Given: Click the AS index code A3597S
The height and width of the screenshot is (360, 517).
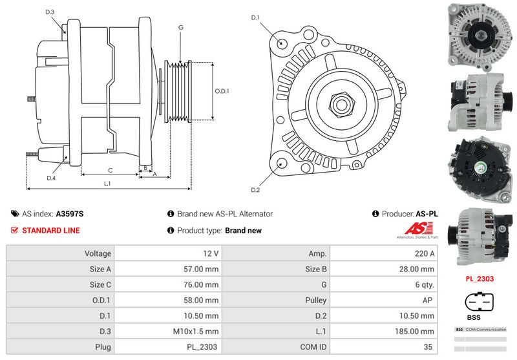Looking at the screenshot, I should pos(70,213).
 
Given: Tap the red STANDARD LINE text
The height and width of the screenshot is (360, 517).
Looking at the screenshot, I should pos(51,230).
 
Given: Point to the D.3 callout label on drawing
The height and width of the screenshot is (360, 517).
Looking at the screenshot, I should pos(50,12).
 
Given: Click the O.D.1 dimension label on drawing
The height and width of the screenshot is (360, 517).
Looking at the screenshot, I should pos(222,91).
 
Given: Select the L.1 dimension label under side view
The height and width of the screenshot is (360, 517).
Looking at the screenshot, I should pos(107,184).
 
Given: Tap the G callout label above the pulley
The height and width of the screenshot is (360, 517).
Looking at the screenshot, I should pos(180,28).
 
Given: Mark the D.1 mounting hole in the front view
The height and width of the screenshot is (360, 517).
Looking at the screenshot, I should pos(282,43).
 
